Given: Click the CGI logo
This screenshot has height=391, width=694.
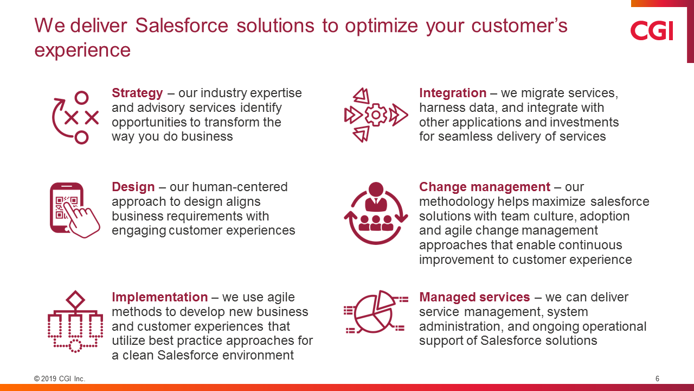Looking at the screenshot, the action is [652, 30].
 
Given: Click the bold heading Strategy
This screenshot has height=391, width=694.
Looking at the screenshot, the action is [137, 93].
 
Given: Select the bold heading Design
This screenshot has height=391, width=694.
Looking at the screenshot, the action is [133, 187].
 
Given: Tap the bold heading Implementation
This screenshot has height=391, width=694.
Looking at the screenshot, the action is [159, 297].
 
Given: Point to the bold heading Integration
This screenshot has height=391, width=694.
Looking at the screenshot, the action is [453, 93].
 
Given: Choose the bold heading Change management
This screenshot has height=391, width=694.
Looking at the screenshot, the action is [485, 187].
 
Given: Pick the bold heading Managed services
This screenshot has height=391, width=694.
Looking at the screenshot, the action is [474, 297].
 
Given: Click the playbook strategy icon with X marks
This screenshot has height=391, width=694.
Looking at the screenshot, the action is [75, 118].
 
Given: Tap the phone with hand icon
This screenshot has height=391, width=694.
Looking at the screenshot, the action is [75, 210].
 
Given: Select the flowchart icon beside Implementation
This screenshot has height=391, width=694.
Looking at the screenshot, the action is [75, 321].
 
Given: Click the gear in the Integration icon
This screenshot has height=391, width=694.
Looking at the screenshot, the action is [376, 115].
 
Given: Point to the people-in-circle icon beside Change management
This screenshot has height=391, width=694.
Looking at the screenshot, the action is [376, 213].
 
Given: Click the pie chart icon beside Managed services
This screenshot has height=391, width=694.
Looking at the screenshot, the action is [376, 312].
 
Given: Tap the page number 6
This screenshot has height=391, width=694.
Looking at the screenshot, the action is [657, 379].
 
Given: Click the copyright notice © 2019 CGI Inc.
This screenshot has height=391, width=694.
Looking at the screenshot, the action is [60, 379].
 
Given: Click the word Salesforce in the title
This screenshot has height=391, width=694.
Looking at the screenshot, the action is [182, 26].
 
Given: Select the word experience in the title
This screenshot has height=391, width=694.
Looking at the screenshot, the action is [82, 51].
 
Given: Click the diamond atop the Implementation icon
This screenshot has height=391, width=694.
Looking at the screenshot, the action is [75, 300].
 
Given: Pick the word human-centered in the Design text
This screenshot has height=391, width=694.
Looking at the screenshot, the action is [240, 187].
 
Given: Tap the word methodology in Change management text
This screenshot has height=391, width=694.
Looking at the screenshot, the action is [457, 202].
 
